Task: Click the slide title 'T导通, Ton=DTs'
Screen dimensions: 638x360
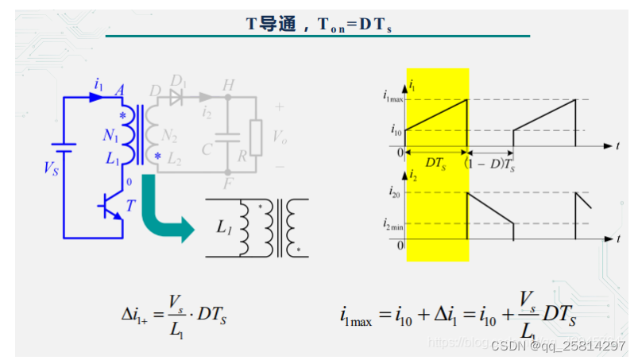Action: click(319, 24)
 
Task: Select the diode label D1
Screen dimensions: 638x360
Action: click(179, 82)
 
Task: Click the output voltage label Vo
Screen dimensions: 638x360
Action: click(279, 137)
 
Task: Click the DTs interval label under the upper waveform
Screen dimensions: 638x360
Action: click(435, 162)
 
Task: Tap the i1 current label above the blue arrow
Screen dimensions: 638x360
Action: click(99, 83)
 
